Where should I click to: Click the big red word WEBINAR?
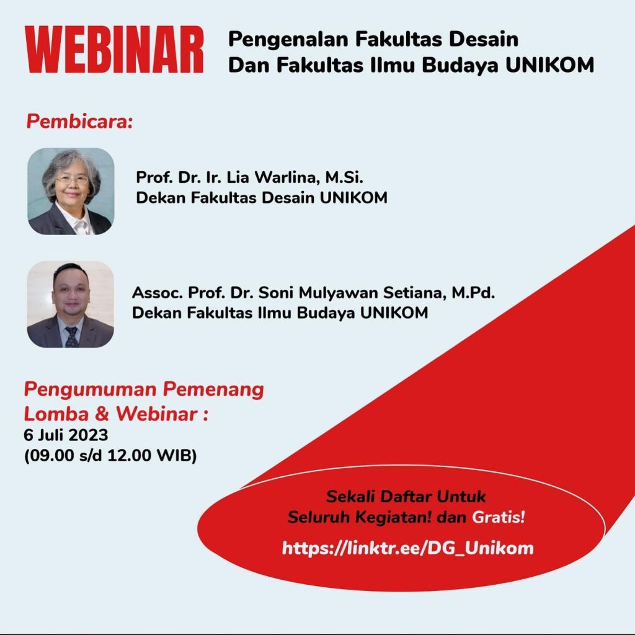pyautogui.click(x=114, y=50)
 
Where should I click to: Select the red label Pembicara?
pyautogui.click(x=79, y=122)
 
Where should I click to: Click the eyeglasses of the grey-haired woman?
pyautogui.click(x=73, y=179)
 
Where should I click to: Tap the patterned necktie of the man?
pyautogui.click(x=72, y=337)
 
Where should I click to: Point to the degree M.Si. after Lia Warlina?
pyautogui.click(x=344, y=177)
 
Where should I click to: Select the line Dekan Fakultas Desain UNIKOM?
pyautogui.click(x=262, y=198)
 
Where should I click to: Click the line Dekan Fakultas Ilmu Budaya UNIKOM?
pyautogui.click(x=280, y=313)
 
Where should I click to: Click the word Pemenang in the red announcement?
pyautogui.click(x=213, y=389)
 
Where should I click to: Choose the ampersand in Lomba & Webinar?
pyautogui.click(x=102, y=414)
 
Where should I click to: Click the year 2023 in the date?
pyautogui.click(x=87, y=435)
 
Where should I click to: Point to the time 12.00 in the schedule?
pyautogui.click(x=129, y=455)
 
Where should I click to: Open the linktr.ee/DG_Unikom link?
pyautogui.click(x=408, y=548)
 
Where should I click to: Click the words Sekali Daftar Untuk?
pyautogui.click(x=406, y=497)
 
